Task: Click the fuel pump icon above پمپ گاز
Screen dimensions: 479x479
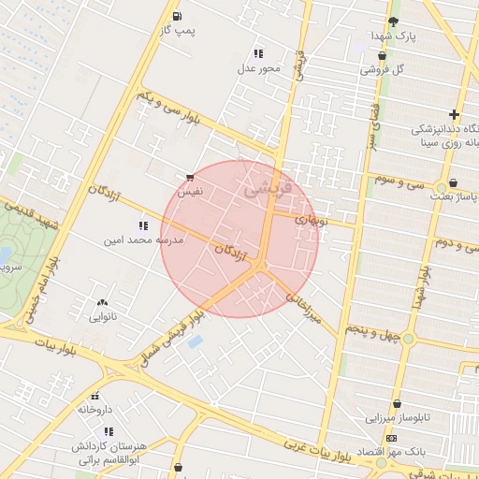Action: click(x=178, y=16)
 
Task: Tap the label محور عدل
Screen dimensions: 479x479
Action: click(x=258, y=68)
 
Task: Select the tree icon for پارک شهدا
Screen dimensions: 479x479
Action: click(x=393, y=22)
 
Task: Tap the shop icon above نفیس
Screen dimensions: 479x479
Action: click(x=190, y=176)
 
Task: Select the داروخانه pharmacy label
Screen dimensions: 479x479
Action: click(x=95, y=410)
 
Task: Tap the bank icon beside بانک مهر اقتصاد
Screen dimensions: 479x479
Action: click(x=391, y=438)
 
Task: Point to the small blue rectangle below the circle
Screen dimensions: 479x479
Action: click(x=195, y=341)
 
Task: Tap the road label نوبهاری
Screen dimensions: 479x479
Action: click(x=312, y=221)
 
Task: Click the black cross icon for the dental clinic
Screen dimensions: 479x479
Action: click(x=454, y=114)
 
